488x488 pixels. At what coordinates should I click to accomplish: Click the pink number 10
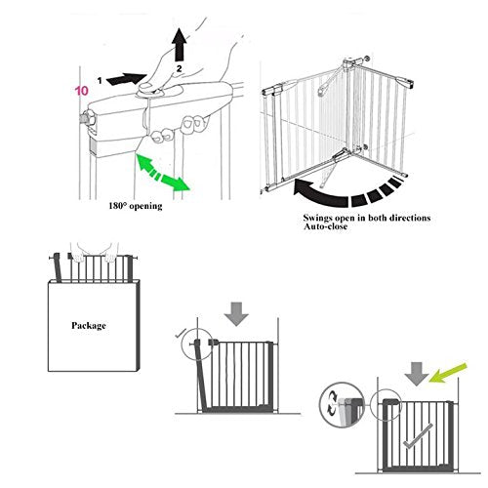[x=82, y=91]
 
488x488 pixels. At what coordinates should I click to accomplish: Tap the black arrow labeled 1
[x=127, y=79]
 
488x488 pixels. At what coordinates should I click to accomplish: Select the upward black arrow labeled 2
[x=180, y=45]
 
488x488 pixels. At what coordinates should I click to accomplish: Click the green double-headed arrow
[x=163, y=173]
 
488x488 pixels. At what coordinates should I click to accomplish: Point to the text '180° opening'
[x=136, y=206]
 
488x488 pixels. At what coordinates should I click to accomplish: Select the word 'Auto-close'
[x=325, y=226]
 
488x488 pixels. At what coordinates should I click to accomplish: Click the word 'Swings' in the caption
[x=318, y=218]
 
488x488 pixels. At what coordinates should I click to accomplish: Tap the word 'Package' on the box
[x=89, y=326]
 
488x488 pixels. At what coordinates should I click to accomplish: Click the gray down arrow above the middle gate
[x=236, y=313]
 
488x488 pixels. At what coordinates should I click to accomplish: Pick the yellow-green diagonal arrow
[x=448, y=373]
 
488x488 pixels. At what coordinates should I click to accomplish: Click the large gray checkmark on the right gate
[x=419, y=436]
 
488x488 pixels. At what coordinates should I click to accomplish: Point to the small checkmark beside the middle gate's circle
[x=180, y=333]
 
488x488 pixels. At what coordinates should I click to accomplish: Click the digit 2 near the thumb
[x=179, y=68]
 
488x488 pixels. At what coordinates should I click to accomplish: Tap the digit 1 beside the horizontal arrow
[x=100, y=80]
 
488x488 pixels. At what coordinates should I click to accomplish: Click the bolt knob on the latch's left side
[x=87, y=117]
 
